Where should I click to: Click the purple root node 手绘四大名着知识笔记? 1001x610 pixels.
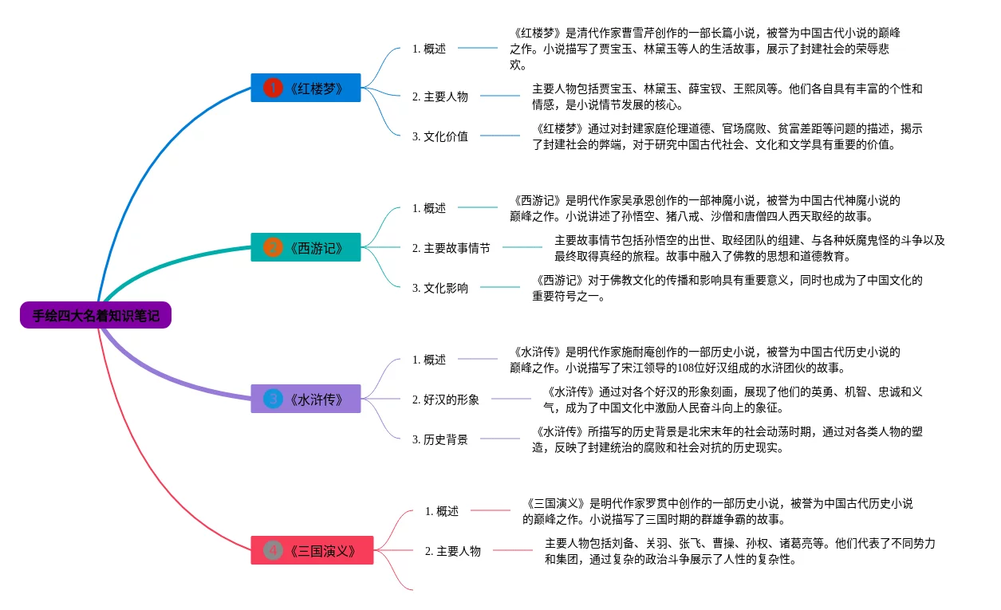(x=96, y=316)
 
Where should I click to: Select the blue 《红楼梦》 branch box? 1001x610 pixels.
(x=306, y=88)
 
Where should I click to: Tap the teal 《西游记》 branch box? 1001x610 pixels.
(x=306, y=247)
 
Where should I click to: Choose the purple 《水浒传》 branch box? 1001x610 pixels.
(x=306, y=399)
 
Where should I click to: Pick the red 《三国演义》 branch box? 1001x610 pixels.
(x=312, y=550)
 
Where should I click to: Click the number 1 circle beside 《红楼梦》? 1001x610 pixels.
(x=273, y=88)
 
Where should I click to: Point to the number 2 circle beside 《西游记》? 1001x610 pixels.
(x=273, y=247)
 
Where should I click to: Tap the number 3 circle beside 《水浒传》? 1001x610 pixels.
(x=273, y=399)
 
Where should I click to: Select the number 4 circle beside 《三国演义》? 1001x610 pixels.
(x=273, y=550)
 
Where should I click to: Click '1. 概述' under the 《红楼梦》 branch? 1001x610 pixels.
(x=429, y=49)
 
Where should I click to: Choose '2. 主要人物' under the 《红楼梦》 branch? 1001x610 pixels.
(x=440, y=96)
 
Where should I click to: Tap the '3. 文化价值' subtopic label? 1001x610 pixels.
(x=440, y=136)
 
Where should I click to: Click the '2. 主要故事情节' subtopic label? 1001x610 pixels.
(x=451, y=248)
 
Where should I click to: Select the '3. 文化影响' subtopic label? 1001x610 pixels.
(x=440, y=288)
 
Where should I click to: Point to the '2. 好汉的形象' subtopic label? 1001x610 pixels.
(x=446, y=399)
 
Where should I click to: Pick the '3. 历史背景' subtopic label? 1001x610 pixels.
(x=440, y=439)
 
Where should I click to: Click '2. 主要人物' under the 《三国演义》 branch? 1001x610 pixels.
(x=453, y=551)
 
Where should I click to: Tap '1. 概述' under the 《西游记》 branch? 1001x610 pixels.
(x=429, y=208)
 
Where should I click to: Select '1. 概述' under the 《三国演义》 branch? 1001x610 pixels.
(x=442, y=511)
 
